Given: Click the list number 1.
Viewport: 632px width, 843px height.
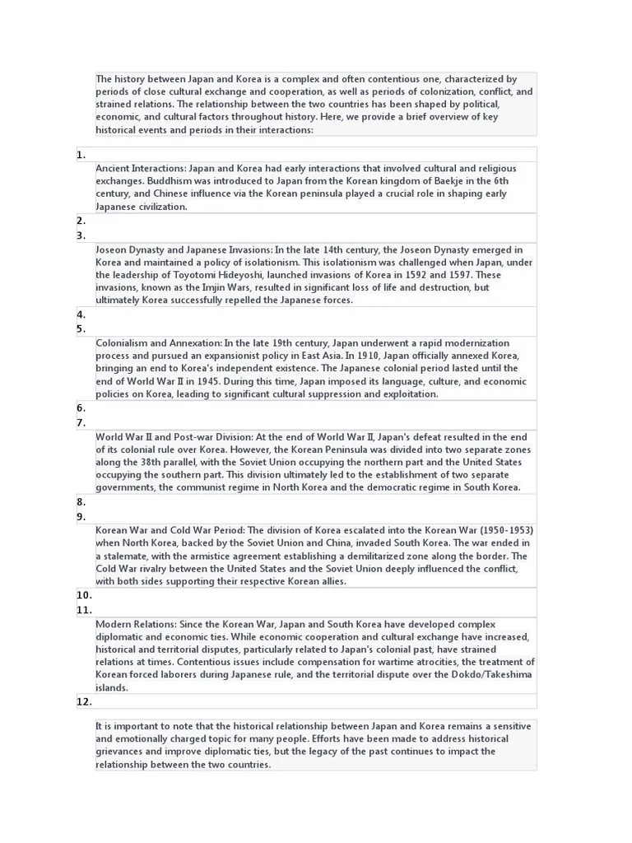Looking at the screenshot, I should pos(81,155).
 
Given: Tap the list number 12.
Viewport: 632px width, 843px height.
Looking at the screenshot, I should pos(84,701).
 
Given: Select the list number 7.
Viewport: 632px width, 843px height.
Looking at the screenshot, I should pos(81,422).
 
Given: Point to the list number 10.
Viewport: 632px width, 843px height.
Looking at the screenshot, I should pos(84,594).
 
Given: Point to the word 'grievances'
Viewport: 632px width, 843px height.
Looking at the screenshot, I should pos(124,752).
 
